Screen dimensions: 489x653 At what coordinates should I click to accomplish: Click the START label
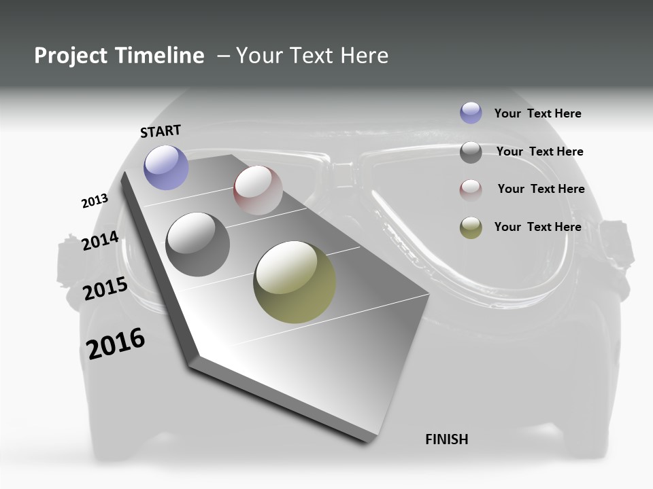tap(161, 131)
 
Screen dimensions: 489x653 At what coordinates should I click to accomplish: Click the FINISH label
tap(447, 439)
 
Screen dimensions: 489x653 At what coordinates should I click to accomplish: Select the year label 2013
tap(95, 201)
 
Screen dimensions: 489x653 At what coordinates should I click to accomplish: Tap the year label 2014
tap(100, 241)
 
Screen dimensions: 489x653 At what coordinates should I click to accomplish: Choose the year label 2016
tap(116, 343)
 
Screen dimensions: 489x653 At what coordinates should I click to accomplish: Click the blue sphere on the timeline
tap(166, 168)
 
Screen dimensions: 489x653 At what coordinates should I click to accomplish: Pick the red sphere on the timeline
tap(258, 190)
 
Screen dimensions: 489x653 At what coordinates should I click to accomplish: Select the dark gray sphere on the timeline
tap(198, 244)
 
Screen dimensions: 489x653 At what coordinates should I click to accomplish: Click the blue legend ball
tap(471, 113)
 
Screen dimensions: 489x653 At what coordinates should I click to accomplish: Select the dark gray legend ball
tap(471, 152)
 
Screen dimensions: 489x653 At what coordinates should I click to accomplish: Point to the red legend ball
tap(471, 190)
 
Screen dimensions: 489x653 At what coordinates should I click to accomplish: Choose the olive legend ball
tap(471, 228)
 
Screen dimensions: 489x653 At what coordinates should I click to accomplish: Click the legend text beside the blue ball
tap(537, 113)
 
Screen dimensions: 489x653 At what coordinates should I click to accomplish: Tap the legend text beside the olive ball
tap(537, 227)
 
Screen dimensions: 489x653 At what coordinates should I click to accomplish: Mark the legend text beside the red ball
tap(541, 189)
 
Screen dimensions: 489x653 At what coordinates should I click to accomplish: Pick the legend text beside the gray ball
tap(539, 151)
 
